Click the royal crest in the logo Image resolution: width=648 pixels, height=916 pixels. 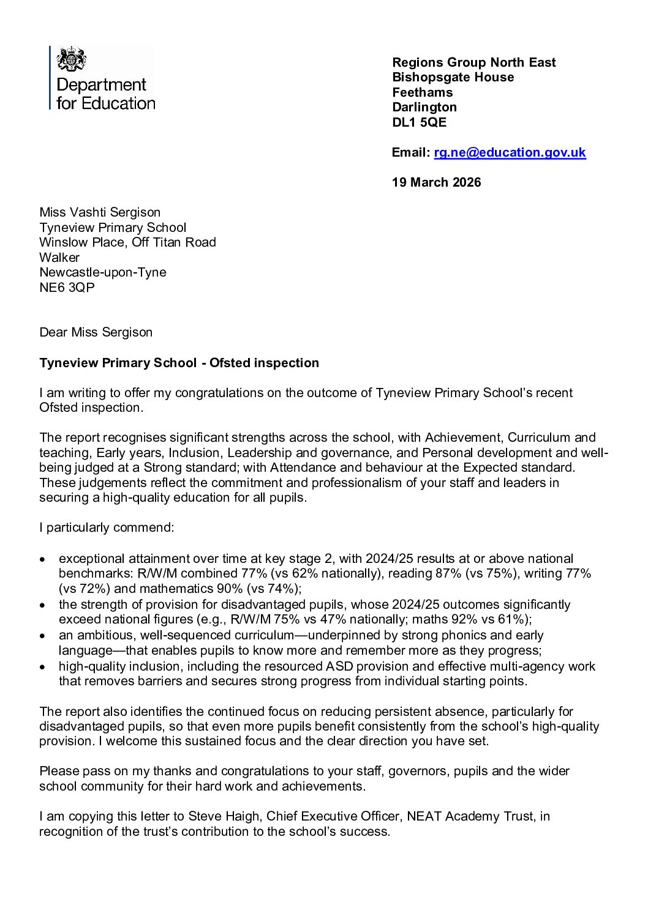click(x=71, y=60)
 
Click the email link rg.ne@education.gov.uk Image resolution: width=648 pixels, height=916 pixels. click(x=510, y=152)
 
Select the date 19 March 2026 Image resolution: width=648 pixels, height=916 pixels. click(x=436, y=182)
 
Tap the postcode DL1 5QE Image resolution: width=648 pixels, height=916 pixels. click(x=419, y=122)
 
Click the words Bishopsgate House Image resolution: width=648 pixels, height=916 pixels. click(x=453, y=77)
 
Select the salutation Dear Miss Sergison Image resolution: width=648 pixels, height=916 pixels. click(x=96, y=332)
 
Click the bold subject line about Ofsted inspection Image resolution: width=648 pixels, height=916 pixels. click(x=179, y=363)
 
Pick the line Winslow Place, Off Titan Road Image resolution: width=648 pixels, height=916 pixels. click(x=127, y=242)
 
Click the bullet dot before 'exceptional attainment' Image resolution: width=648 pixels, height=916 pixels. click(x=42, y=559)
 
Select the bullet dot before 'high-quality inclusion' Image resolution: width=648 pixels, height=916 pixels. click(x=42, y=667)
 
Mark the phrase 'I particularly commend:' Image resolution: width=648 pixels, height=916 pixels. click(x=107, y=527)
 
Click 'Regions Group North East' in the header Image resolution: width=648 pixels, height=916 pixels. click(x=473, y=62)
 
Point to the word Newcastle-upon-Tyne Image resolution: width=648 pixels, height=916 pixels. click(x=102, y=272)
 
